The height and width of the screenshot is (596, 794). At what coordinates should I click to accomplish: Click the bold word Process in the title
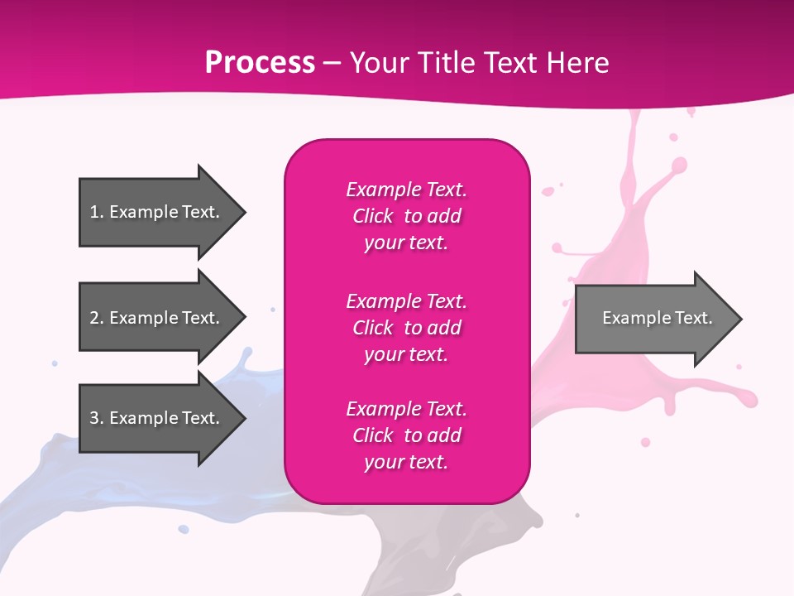coord(260,63)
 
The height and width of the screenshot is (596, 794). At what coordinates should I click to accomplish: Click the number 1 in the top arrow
coord(94,212)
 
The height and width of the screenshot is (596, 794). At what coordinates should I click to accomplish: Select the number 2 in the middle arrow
coord(94,318)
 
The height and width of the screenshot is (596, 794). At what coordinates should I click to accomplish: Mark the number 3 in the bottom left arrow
coord(94,418)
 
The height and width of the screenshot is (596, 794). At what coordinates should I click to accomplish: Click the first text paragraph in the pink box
coord(406,216)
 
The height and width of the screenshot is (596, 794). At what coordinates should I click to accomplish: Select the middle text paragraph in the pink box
coord(406,328)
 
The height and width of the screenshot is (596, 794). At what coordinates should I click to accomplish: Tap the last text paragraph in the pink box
coord(406,435)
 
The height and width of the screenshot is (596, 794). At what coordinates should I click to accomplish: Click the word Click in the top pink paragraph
coord(372,216)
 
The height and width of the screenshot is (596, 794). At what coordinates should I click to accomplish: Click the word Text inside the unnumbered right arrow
coord(693,318)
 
